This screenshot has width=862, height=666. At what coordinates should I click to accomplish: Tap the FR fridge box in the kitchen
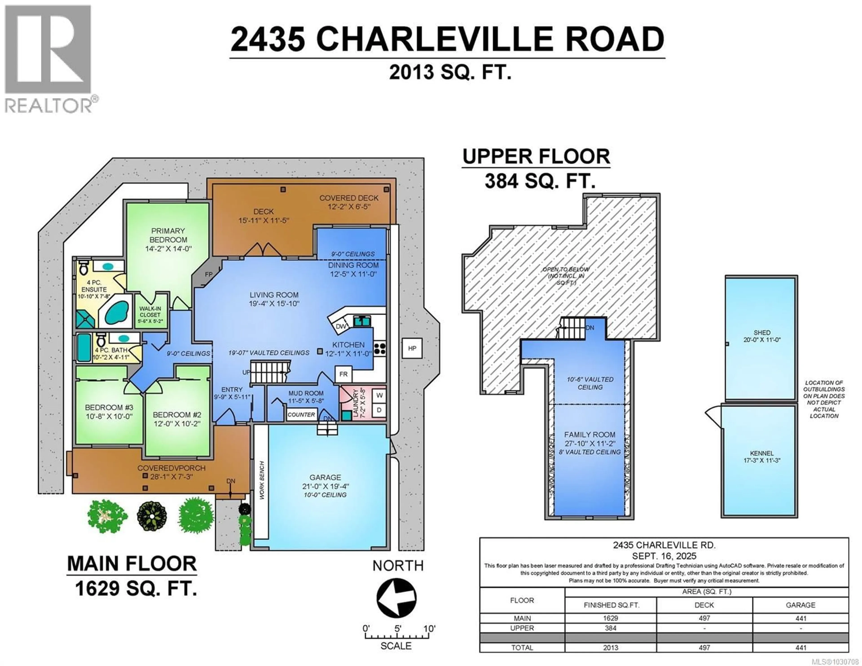point(343,374)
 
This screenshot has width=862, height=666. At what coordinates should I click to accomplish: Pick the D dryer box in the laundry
point(379,410)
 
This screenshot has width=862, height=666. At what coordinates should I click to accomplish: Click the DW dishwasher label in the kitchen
point(340,326)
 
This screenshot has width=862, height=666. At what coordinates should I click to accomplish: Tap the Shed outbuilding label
point(761,333)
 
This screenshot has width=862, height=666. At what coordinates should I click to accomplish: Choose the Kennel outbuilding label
point(761,453)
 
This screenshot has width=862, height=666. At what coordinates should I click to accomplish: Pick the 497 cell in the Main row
point(704,618)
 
